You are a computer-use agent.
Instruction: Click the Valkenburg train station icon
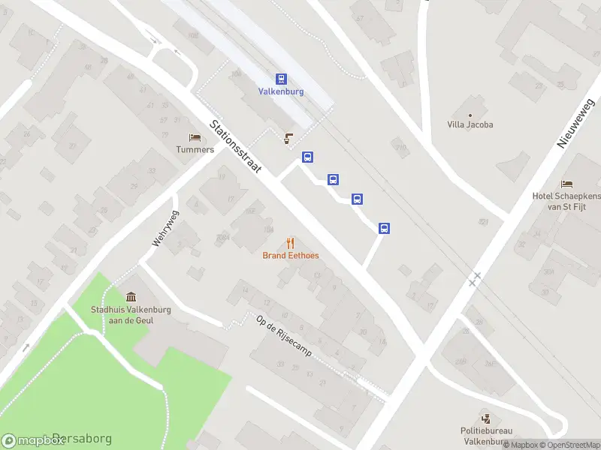pyautogui.click(x=281, y=79)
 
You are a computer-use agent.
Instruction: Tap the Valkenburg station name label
pyautogui.click(x=281, y=91)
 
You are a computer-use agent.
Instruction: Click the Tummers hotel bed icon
pyautogui.click(x=195, y=137)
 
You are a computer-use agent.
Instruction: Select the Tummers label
pyautogui.click(x=195, y=149)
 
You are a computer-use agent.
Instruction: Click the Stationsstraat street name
pyautogui.click(x=236, y=147)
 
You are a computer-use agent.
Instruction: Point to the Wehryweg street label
pyautogui.click(x=166, y=228)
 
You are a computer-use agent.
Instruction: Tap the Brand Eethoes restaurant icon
pyautogui.click(x=291, y=243)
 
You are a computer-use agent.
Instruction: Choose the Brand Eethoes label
pyautogui.click(x=291, y=256)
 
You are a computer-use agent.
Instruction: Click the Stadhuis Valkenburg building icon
pyautogui.click(x=132, y=296)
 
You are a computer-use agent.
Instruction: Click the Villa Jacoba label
pyautogui.click(x=470, y=124)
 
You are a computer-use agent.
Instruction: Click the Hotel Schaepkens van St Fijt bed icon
pyautogui.click(x=566, y=184)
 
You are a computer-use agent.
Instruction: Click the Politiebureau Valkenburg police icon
pyautogui.click(x=486, y=418)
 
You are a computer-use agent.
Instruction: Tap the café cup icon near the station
pyautogui.click(x=287, y=137)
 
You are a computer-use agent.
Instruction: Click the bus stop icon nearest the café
pyautogui.click(x=307, y=157)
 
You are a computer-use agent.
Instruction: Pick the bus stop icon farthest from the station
pyautogui.click(x=384, y=228)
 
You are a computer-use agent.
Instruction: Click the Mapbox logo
pyautogui.click(x=34, y=440)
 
